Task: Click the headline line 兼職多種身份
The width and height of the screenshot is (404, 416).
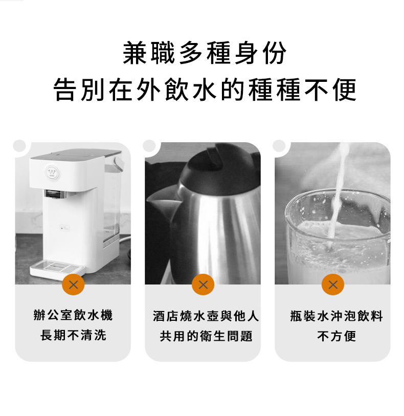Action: (205, 53)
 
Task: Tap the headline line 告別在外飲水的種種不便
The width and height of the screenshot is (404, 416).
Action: (205, 90)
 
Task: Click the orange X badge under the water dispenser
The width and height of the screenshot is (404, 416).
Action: (73, 284)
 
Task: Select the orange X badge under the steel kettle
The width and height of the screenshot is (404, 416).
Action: (203, 284)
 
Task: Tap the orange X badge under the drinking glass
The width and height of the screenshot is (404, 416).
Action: (333, 284)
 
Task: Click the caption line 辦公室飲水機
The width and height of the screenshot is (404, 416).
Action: (73, 315)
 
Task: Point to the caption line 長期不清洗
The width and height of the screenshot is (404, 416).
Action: (73, 335)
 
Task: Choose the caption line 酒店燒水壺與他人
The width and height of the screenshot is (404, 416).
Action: (206, 316)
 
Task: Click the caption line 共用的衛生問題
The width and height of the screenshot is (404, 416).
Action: (206, 336)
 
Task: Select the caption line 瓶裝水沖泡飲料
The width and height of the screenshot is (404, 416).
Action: (336, 316)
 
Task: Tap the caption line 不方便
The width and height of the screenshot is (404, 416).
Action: (336, 336)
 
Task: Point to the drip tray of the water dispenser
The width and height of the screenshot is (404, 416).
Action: (57, 268)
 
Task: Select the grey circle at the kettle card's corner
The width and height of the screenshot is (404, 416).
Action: (149, 146)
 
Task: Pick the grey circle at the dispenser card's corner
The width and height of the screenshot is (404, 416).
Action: (19, 146)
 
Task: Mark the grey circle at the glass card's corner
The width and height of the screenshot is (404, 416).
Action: (279, 146)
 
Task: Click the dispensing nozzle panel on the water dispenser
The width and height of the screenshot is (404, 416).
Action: (55, 194)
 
